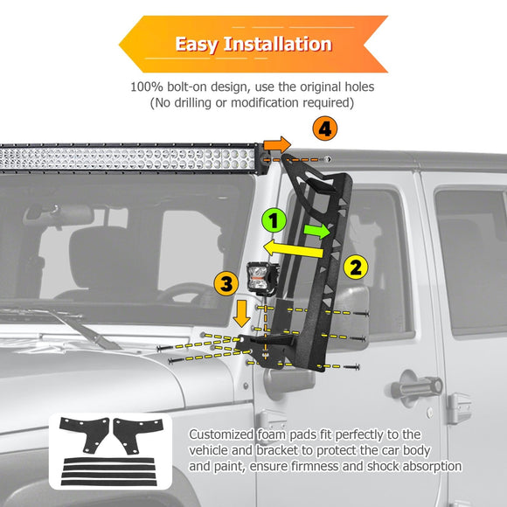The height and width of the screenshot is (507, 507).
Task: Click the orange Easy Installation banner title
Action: [x=253, y=44]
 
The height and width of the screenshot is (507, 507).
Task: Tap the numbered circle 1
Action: [x=274, y=219]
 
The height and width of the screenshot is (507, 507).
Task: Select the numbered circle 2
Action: [x=355, y=267]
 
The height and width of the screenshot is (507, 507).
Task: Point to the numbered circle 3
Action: [x=226, y=282]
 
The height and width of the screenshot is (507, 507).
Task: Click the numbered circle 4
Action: [x=325, y=129]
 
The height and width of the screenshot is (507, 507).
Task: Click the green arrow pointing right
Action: [x=317, y=231]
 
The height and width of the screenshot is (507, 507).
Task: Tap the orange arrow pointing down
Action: [x=242, y=312]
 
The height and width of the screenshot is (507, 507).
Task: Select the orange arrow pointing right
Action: [x=277, y=144]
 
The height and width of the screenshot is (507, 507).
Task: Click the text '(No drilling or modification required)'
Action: [x=253, y=103]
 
